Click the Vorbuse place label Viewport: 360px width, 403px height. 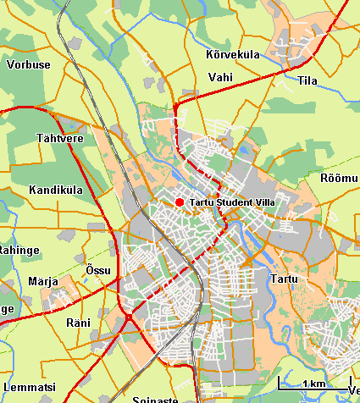pos(28,64)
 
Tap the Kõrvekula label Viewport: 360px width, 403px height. pos(232,55)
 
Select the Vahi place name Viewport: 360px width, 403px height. pos(219,77)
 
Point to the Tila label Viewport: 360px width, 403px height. pos(307,81)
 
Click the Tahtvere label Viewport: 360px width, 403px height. pos(58,137)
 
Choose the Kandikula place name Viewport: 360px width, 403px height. pos(55,190)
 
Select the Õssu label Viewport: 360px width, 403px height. pos(98,269)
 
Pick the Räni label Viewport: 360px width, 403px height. pos(78,323)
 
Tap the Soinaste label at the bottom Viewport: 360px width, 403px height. pos(153,398)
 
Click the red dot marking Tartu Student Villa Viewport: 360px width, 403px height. pos(179,201)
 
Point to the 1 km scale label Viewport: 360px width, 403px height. pos(313,384)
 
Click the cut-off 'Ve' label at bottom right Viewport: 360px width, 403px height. pos(352,389)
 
